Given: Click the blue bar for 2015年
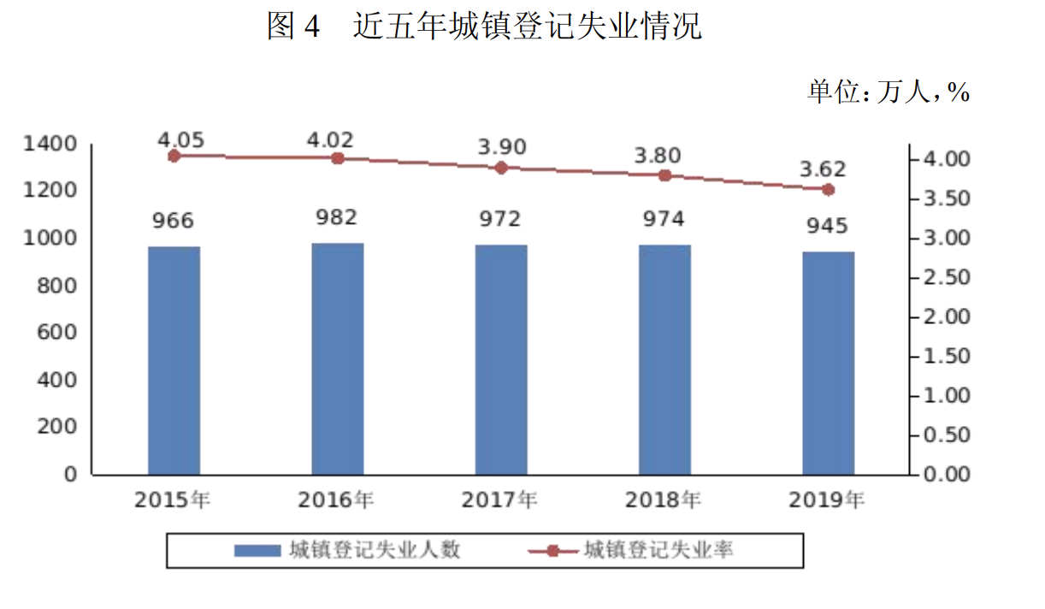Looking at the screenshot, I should tap(174, 360).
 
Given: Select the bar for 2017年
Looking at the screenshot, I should tap(501, 359).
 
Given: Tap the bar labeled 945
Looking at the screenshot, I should tap(828, 363).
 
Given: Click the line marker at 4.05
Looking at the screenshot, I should tap(174, 156).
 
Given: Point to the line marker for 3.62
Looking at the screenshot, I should tap(828, 189).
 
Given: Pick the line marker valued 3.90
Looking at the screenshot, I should tap(501, 168).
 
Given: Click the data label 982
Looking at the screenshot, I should tap(337, 217).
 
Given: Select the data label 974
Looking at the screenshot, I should tap(664, 219).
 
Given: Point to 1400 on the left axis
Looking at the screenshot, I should tap(50, 143).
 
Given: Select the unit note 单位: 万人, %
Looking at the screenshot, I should tap(889, 92).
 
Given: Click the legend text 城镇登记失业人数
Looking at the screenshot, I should tap(375, 550).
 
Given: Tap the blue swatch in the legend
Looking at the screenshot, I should tap(257, 551).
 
